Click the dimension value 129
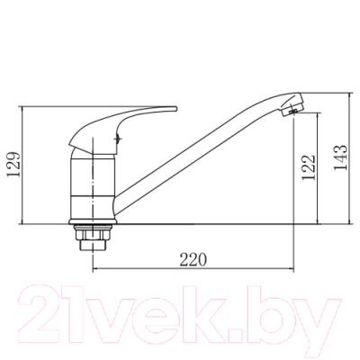point(14,165)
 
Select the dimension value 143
point(341,157)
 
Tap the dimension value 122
point(309,167)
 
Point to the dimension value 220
point(193,260)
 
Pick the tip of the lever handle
point(175,109)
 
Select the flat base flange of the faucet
point(93,222)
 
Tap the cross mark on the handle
point(118,139)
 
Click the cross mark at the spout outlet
point(294,112)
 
